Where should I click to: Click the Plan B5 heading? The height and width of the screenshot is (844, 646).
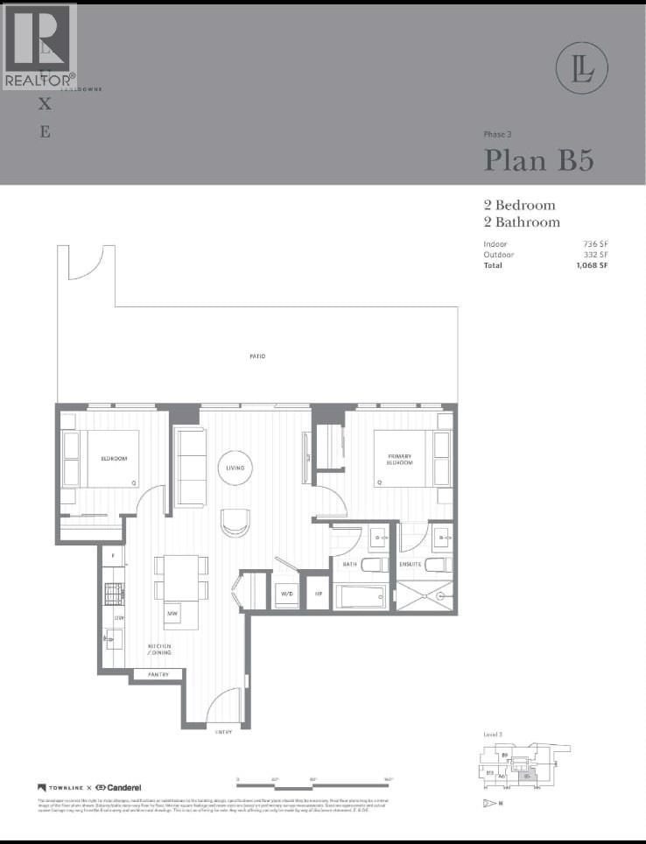click(539, 160)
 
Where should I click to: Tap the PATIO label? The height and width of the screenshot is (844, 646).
click(256, 356)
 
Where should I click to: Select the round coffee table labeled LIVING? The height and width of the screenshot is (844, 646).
click(235, 468)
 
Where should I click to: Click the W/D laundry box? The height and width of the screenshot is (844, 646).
click(286, 593)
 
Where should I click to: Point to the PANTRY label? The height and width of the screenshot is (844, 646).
click(158, 675)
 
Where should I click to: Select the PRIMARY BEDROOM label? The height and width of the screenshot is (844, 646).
click(393, 460)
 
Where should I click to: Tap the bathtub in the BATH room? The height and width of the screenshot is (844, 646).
click(361, 597)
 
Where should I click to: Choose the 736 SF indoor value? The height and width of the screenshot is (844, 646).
click(595, 244)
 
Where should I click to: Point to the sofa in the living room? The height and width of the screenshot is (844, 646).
click(190, 467)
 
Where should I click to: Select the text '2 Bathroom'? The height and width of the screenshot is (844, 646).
click(522, 222)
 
